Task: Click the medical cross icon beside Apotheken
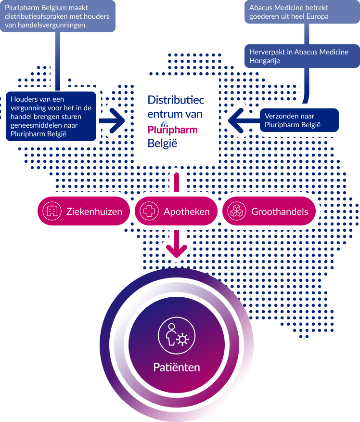click(149, 211)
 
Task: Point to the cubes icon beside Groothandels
click(237, 211)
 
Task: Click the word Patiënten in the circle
click(177, 368)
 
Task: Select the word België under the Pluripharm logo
click(162, 143)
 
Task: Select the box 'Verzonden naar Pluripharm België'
click(301, 120)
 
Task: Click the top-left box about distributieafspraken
click(58, 16)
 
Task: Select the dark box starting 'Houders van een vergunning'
click(51, 116)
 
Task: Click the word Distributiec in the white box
click(176, 100)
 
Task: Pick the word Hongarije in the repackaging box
click(265, 61)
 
